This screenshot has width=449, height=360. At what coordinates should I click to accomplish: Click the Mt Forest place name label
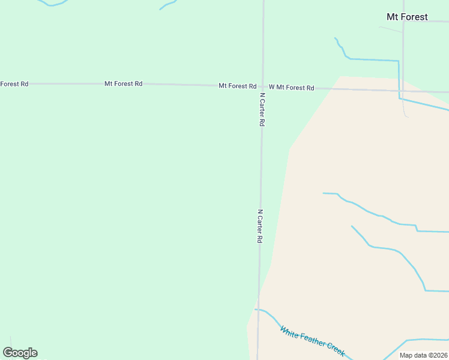[x=407, y=17]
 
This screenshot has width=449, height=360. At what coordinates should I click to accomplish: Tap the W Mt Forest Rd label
[x=291, y=88]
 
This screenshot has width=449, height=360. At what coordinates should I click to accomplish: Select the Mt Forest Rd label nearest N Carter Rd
[x=238, y=86]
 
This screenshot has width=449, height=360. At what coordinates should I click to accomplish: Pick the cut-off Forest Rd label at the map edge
[x=14, y=83]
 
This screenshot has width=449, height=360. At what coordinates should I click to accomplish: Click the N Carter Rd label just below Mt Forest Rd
[x=262, y=109]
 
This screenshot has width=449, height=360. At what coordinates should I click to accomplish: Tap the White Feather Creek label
[x=312, y=341]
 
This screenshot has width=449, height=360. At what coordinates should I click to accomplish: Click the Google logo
[x=20, y=353]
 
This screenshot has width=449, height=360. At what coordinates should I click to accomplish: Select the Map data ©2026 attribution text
[x=424, y=355]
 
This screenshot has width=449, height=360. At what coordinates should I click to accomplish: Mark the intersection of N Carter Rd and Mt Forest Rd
[x=262, y=86]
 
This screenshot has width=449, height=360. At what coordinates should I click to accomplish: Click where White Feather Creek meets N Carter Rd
[x=258, y=310]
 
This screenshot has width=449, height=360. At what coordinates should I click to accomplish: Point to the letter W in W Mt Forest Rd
[x=271, y=87]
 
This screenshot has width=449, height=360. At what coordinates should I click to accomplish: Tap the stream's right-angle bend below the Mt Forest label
[x=398, y=61]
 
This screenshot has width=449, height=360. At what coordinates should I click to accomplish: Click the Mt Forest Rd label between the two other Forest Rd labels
[x=123, y=83]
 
